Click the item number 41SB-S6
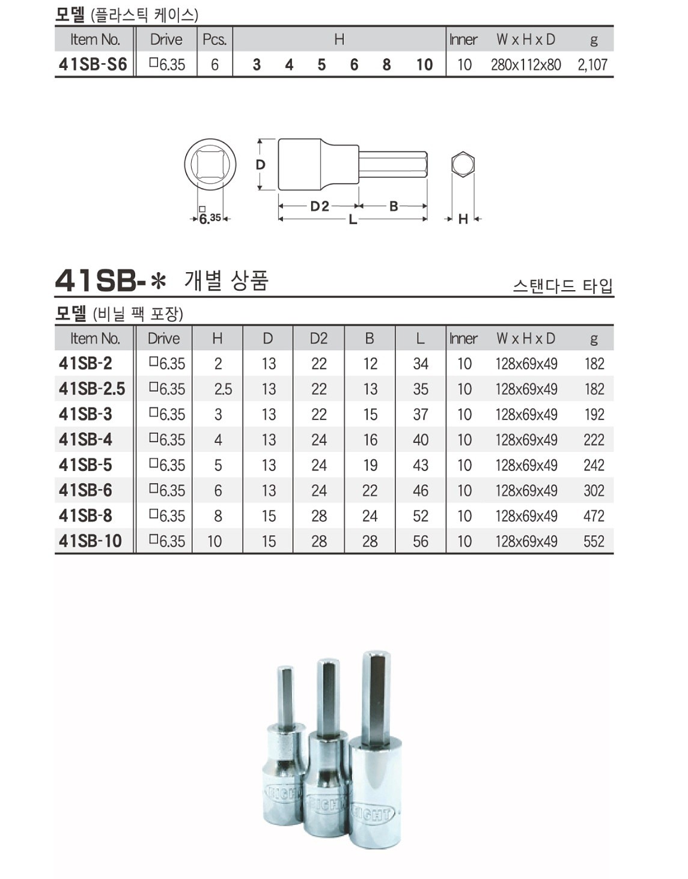tap(93, 64)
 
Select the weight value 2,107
tap(592, 65)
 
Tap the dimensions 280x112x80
tap(526, 65)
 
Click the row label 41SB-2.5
tap(92, 389)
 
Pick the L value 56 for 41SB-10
tap(421, 541)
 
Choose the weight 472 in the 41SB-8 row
tap(594, 516)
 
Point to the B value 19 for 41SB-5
tap(370, 466)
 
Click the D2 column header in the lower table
tap(318, 338)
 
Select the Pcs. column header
tap(215, 40)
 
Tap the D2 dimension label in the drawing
tap(320, 207)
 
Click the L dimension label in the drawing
tap(353, 220)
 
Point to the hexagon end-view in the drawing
tap(463, 164)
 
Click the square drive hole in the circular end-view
tap(210, 164)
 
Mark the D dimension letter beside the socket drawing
tap(260, 165)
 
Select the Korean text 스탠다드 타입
tap(563, 286)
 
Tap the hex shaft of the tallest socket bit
tap(376, 697)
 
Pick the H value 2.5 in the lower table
tap(223, 389)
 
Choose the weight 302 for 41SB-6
tap(594, 491)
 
